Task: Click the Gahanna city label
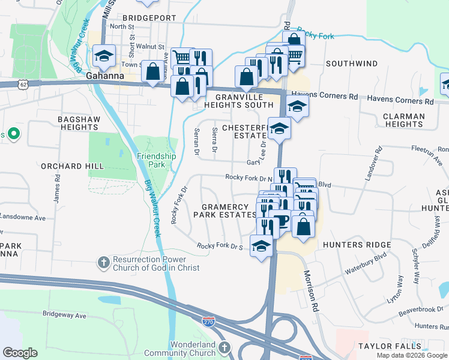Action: click(x=105, y=76)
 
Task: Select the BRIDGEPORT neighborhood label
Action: click(x=149, y=18)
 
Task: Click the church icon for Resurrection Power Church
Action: click(x=103, y=262)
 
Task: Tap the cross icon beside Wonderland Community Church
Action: click(x=224, y=347)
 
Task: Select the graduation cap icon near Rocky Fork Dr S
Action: click(x=261, y=246)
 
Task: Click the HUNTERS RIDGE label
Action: click(x=357, y=245)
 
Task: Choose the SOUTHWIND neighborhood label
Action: click(x=352, y=64)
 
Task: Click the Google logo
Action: click(x=20, y=353)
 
